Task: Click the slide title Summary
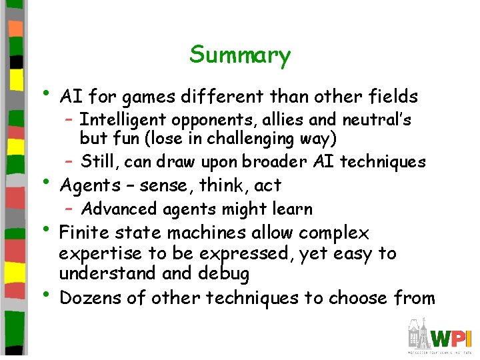(x=240, y=55)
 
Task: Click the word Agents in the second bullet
(x=85, y=185)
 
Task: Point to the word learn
(x=293, y=209)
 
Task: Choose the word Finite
(x=82, y=233)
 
